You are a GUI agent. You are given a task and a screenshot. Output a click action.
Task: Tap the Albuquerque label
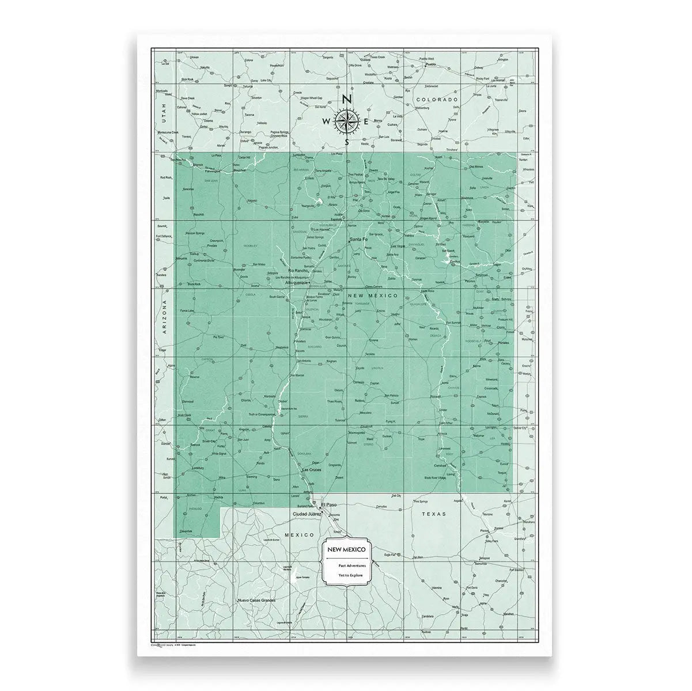296,283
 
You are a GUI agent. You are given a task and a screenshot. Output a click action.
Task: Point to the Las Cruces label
312,470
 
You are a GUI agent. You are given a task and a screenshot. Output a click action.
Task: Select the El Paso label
332,504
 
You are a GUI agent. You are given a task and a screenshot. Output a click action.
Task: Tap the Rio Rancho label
298,270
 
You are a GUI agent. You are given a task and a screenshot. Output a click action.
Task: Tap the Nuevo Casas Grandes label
256,601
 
